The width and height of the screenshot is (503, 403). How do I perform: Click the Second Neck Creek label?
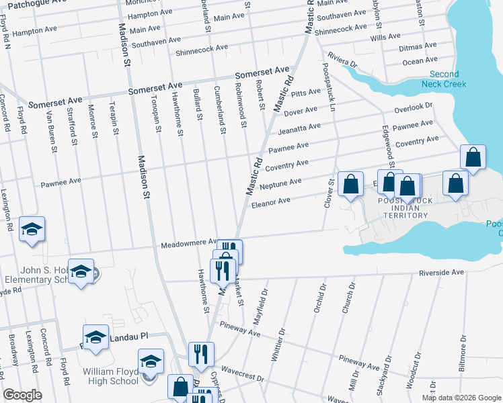440,79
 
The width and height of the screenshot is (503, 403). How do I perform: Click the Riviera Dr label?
342,61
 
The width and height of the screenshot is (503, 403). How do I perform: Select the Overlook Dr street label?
413,106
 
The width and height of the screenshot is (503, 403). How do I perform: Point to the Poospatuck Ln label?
330,84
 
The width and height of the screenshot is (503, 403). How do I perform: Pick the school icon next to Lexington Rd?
32,228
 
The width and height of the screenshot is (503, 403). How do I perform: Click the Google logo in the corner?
23,395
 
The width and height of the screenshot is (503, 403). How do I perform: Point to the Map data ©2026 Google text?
461,398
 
